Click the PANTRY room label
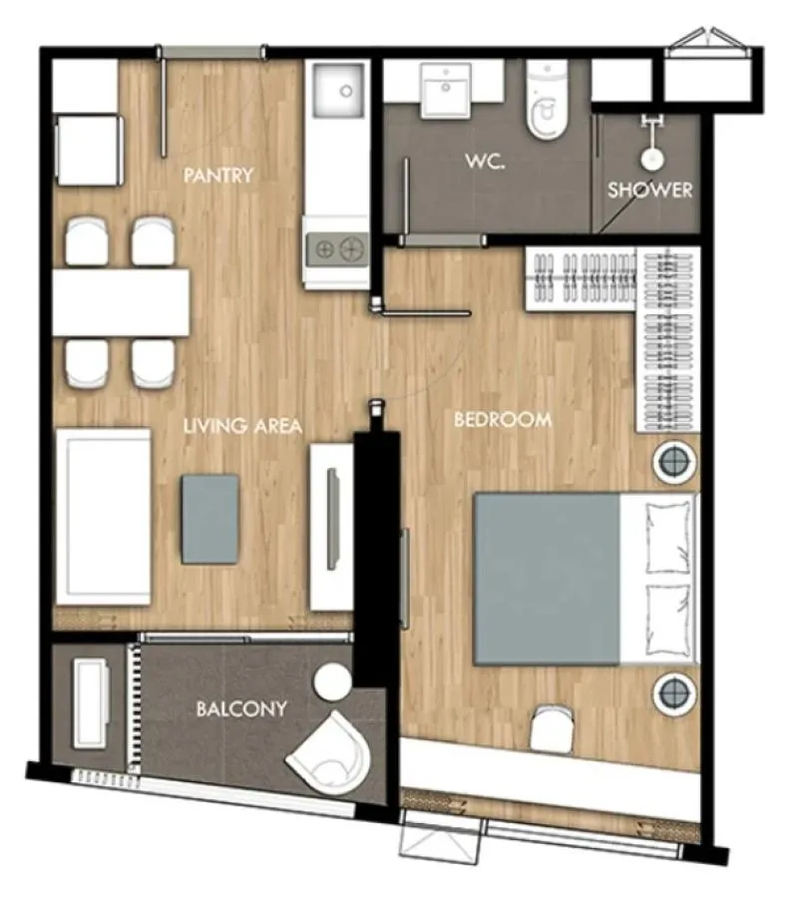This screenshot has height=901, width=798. click(218, 175)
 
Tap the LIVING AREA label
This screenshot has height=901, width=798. click(242, 426)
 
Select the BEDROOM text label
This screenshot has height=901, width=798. click(503, 419)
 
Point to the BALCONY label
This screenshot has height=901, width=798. click(241, 708)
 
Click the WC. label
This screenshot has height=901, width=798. click(486, 161)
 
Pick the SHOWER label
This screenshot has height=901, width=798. click(649, 191)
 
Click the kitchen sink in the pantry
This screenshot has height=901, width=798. click(338, 90)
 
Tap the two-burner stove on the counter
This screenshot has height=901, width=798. click(337, 250)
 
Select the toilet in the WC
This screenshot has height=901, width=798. click(547, 101)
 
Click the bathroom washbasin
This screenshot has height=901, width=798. click(446, 90)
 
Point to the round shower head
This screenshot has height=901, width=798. click(652, 160)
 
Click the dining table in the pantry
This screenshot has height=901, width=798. click(121, 302)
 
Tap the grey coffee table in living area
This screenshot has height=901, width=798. click(209, 519)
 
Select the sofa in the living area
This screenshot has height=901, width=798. click(104, 517)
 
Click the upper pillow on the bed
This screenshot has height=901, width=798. click(668, 537)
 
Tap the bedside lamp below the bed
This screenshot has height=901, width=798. click(674, 693)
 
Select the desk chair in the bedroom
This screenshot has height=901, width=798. click(552, 728)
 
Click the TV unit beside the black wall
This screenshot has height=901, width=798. click(331, 527)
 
